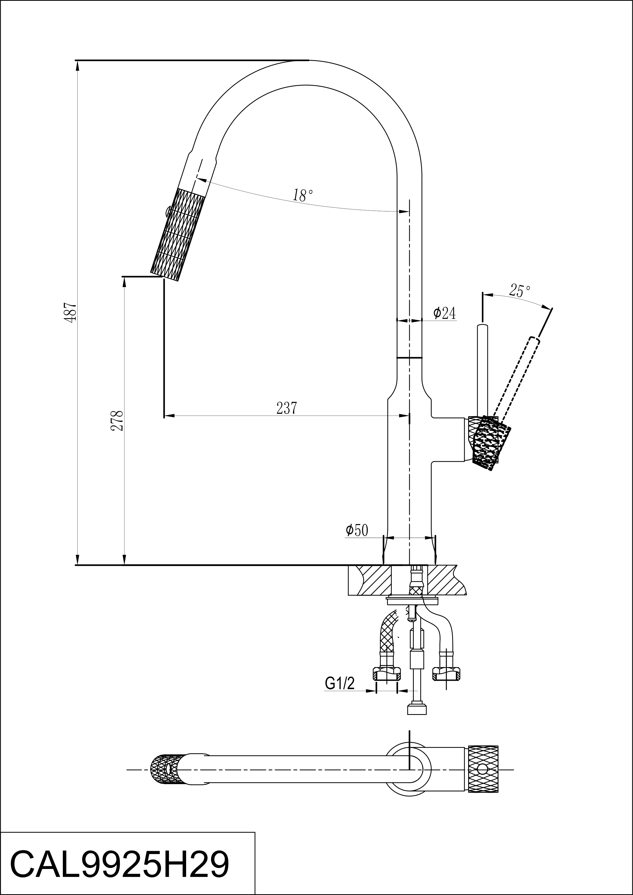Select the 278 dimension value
click(x=117, y=420)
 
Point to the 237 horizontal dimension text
click(x=287, y=408)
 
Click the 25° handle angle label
click(x=520, y=291)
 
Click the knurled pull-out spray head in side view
click(x=177, y=235)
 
